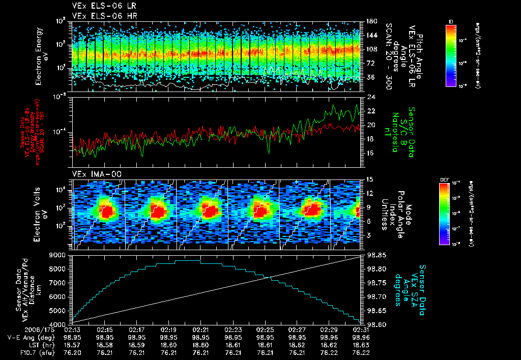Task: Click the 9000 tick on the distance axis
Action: (60, 254)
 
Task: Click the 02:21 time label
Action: (201, 330)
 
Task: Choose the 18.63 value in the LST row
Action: (360, 345)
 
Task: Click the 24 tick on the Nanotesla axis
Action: (371, 97)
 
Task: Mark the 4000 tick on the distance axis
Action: (60, 324)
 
